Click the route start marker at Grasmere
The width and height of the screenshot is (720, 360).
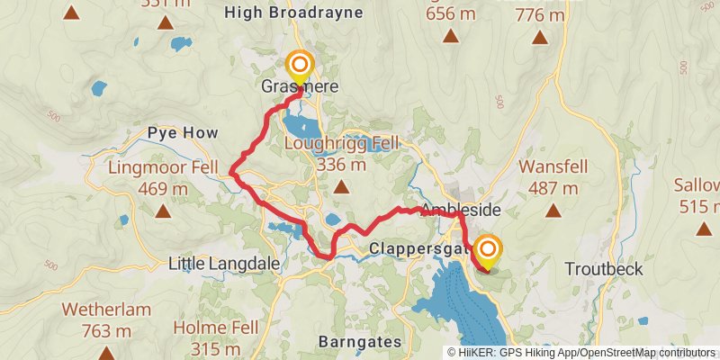299,66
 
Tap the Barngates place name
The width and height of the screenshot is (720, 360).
357,342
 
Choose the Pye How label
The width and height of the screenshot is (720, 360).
183,132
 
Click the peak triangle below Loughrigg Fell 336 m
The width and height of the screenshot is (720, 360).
340,187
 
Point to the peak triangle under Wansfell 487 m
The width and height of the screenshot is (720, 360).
553,212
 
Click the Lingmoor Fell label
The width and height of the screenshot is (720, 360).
162,167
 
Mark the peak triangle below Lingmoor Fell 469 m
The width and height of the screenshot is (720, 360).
163,212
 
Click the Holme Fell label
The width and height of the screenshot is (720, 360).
216,327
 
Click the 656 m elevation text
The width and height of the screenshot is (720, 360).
451,13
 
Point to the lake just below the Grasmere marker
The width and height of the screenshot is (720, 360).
299,123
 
